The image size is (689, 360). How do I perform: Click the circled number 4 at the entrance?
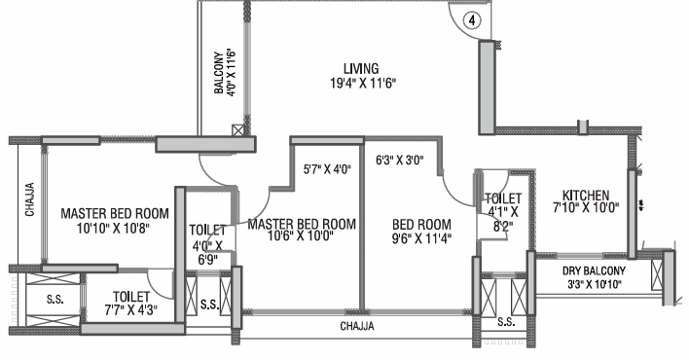[x=472, y=20]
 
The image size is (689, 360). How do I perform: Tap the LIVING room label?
[x=361, y=68]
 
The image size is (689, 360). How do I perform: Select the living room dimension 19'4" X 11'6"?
[x=363, y=83]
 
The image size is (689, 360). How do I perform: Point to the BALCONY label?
[x=218, y=73]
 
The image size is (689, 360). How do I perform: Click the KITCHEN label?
[x=586, y=195]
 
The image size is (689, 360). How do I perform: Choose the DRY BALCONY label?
[x=594, y=270]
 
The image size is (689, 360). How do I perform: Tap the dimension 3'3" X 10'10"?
[x=595, y=284]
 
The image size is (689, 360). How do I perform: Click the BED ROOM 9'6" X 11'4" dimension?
[x=421, y=238]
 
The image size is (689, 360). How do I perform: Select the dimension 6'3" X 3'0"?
[x=399, y=160]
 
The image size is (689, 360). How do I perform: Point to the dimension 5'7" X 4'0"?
[x=327, y=168]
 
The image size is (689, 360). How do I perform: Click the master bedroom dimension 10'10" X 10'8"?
[x=114, y=228]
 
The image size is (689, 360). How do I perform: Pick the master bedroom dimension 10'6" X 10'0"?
[x=301, y=235]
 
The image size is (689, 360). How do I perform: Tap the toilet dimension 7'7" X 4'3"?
[x=131, y=309]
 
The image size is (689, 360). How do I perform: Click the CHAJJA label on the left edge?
[x=30, y=199]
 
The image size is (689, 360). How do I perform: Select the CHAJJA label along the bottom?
[x=357, y=326]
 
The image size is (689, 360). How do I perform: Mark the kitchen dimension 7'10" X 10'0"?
[x=586, y=207]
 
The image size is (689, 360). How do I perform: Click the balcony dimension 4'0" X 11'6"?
[x=232, y=72]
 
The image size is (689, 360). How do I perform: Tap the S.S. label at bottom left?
[x=54, y=300]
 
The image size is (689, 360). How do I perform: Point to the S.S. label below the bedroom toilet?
[x=506, y=322]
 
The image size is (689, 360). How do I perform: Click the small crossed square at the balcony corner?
[x=237, y=130]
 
